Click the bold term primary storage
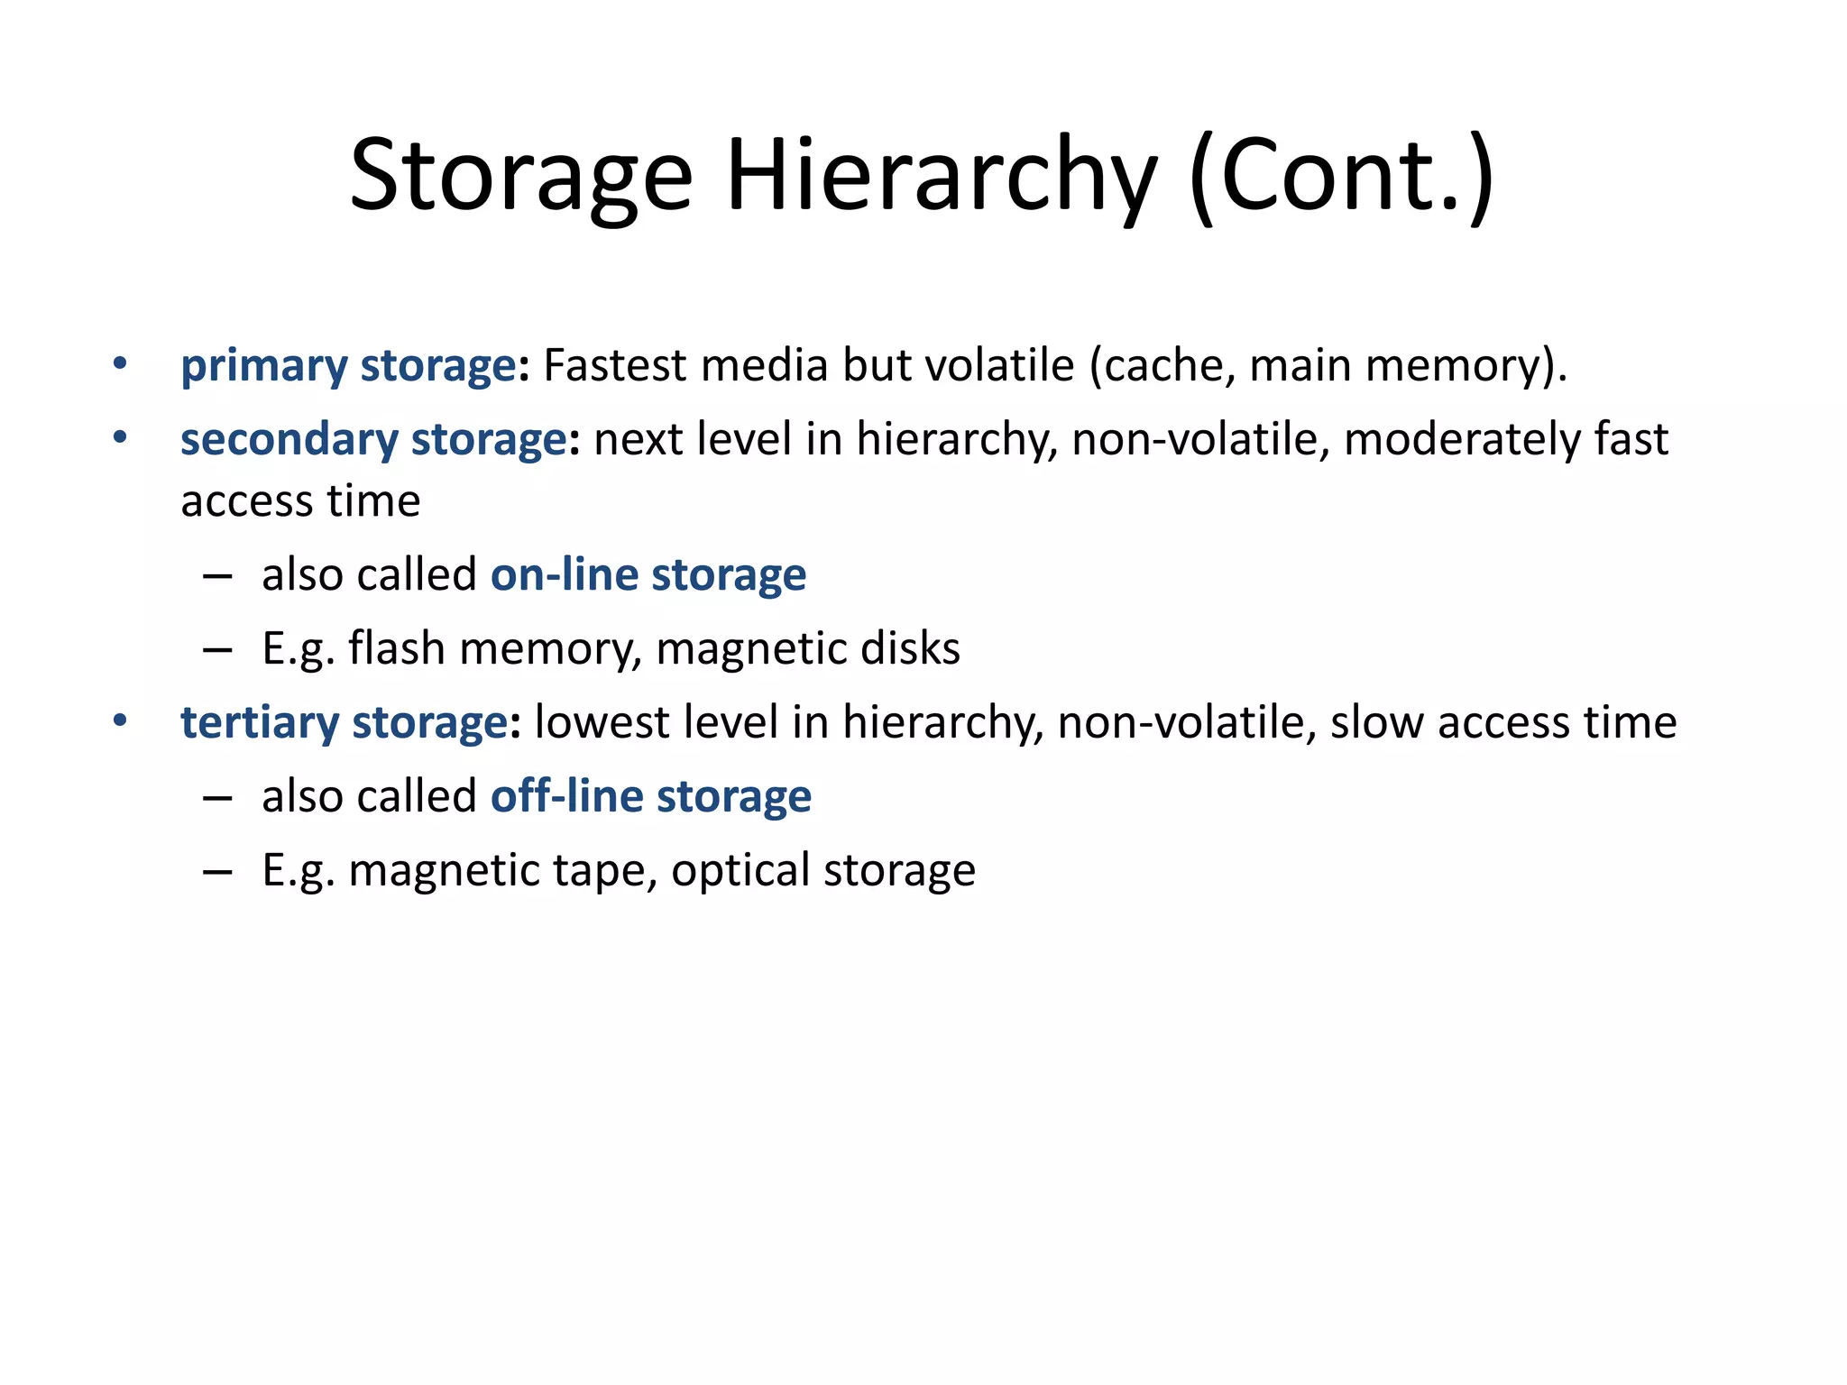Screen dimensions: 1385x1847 pos(348,366)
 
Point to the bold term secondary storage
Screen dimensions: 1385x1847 pos(373,440)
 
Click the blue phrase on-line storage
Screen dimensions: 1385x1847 pos(648,575)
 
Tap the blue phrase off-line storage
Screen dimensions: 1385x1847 pos(651,797)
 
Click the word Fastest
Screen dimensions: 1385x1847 pos(615,366)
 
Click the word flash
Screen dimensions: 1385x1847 pos(397,649)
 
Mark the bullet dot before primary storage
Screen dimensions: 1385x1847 pos(120,364)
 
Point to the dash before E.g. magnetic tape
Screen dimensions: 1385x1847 pos(218,871)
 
